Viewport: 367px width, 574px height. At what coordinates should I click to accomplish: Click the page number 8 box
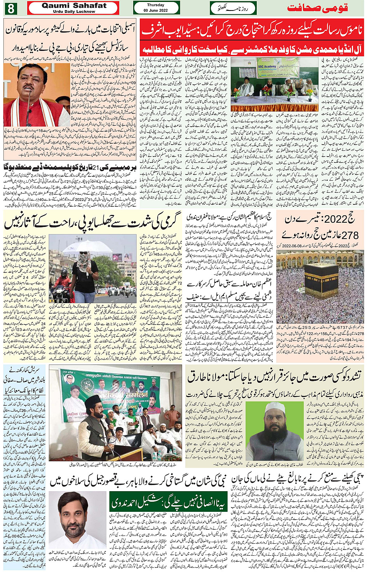(x=10, y=8)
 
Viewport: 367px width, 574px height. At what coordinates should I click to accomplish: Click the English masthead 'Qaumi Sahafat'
(x=74, y=5)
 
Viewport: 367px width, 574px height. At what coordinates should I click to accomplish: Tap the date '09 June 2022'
(x=156, y=10)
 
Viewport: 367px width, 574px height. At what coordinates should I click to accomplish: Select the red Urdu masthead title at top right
(x=317, y=8)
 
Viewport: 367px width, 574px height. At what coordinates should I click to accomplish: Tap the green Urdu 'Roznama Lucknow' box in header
(x=233, y=8)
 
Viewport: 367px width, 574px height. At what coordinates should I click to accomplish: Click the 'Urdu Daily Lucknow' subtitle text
(x=74, y=12)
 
